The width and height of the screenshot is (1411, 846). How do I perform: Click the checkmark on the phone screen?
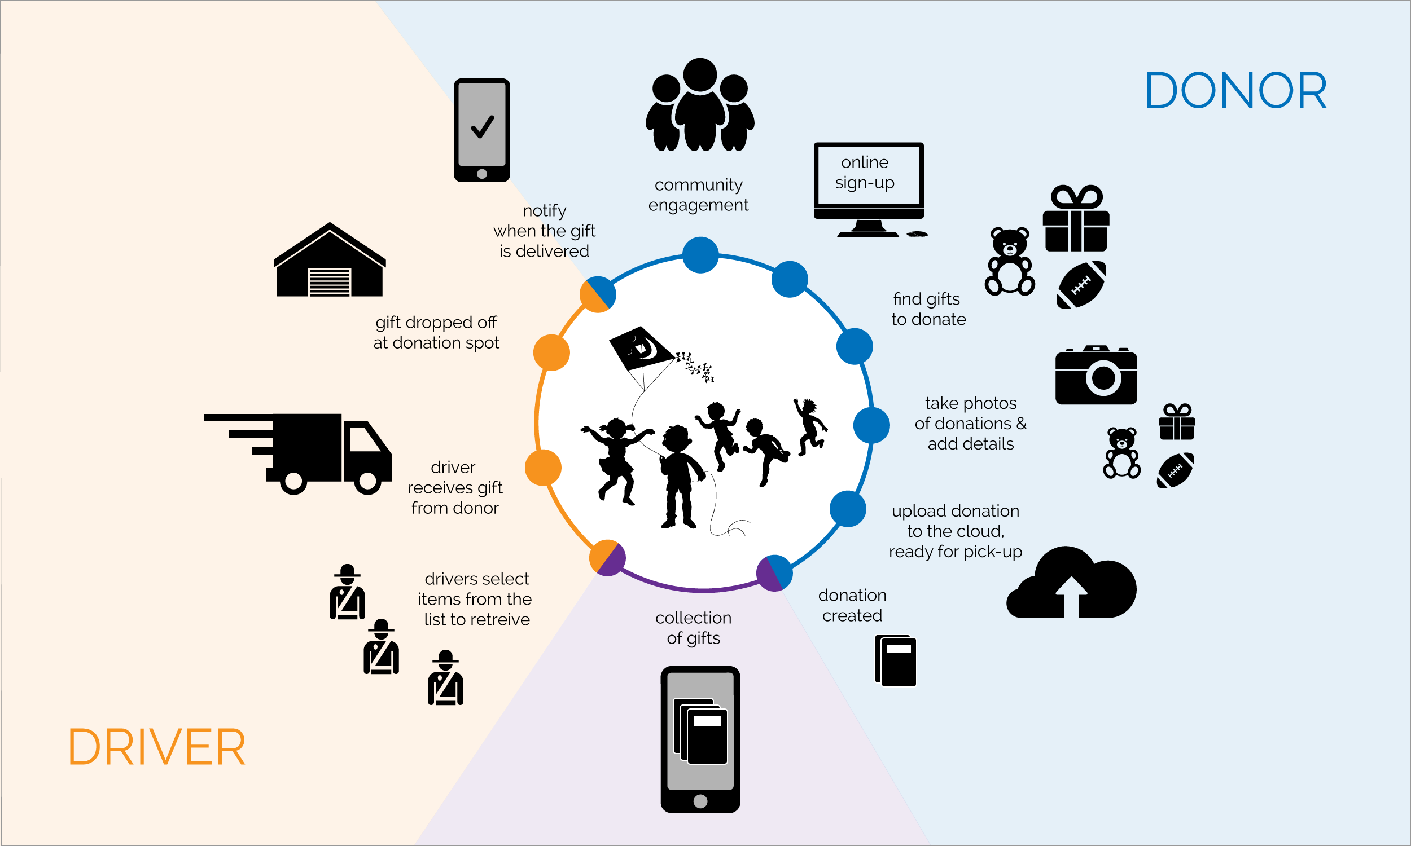482,126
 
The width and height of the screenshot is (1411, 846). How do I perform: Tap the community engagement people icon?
700,105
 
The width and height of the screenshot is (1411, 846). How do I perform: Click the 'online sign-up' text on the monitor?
865,173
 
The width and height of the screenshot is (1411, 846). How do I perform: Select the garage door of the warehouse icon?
329,281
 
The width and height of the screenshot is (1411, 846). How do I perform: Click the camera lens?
1103,377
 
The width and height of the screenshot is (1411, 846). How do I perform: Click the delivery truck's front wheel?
368,482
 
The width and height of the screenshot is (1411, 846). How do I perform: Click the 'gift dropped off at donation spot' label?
436,332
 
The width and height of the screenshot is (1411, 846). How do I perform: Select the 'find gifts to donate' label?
928,309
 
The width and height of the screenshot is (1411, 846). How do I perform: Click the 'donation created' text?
852,605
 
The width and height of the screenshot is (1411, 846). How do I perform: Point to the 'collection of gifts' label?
694,628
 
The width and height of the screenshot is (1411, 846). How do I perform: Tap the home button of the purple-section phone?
700,801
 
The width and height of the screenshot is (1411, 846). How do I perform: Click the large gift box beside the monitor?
1076,220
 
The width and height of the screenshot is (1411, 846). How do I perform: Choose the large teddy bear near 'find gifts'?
1010,262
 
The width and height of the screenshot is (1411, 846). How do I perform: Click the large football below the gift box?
1081,285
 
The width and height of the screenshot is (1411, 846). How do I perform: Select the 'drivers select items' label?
476,599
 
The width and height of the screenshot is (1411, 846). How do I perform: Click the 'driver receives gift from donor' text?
454,487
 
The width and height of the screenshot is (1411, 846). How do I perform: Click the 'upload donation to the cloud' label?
956,531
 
